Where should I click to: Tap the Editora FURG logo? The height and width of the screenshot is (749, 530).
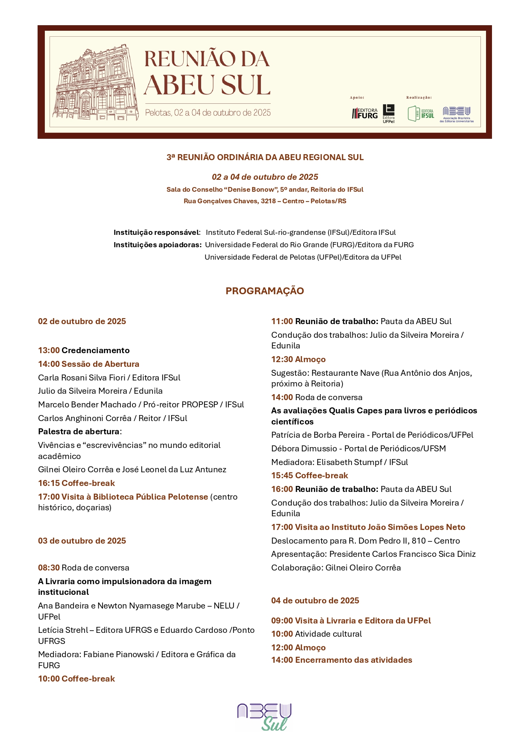365,114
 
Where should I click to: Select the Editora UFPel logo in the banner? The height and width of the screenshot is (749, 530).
389,114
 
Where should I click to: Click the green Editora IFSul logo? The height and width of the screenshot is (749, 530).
421,114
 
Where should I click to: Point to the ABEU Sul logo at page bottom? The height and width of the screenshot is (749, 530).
264,717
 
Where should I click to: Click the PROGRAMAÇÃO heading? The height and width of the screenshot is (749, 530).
265,291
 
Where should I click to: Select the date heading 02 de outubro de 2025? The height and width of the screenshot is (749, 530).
82,322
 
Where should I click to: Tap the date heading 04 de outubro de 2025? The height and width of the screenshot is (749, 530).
315,601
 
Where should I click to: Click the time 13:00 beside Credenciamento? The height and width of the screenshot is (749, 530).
49,351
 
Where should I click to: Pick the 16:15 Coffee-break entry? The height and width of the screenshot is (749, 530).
76,483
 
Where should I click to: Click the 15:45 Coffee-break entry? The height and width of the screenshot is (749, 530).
310,476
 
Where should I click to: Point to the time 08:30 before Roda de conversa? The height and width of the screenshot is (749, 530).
49,568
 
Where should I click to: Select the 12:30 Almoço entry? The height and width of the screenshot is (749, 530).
299,360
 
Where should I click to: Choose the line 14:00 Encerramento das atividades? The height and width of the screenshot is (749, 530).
342,660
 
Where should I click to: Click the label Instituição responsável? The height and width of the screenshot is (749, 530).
157,233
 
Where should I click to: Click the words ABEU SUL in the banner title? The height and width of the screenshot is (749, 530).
207,85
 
